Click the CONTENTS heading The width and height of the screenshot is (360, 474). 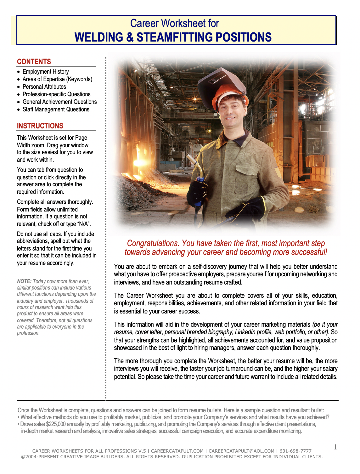[x=34, y=62]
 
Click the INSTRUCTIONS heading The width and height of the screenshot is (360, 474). [x=40, y=126]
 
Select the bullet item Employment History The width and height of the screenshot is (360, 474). [x=46, y=72]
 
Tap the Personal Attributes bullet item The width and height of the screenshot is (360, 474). [x=44, y=87]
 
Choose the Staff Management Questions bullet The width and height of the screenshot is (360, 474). [x=56, y=110]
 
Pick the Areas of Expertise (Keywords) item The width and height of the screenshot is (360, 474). [x=57, y=79]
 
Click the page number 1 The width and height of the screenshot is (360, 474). [x=335, y=447]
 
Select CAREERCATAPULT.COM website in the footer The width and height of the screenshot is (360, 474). [x=177, y=451]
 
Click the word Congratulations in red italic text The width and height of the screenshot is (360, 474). [x=153, y=243]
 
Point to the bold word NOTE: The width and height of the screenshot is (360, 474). [x=24, y=281]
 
